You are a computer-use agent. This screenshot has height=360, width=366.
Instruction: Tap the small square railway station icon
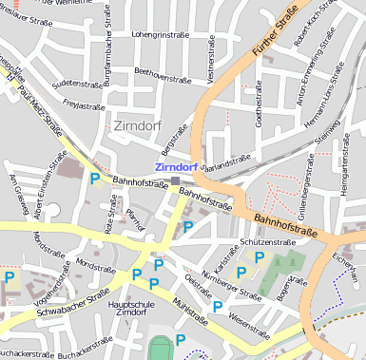tap(175, 180)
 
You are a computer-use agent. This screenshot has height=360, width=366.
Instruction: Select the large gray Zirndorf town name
tap(138, 125)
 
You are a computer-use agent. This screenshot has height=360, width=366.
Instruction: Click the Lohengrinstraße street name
tap(161, 34)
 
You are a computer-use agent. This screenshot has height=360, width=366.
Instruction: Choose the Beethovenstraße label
tap(164, 72)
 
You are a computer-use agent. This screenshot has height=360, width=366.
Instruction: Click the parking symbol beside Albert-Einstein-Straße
tap(95, 178)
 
